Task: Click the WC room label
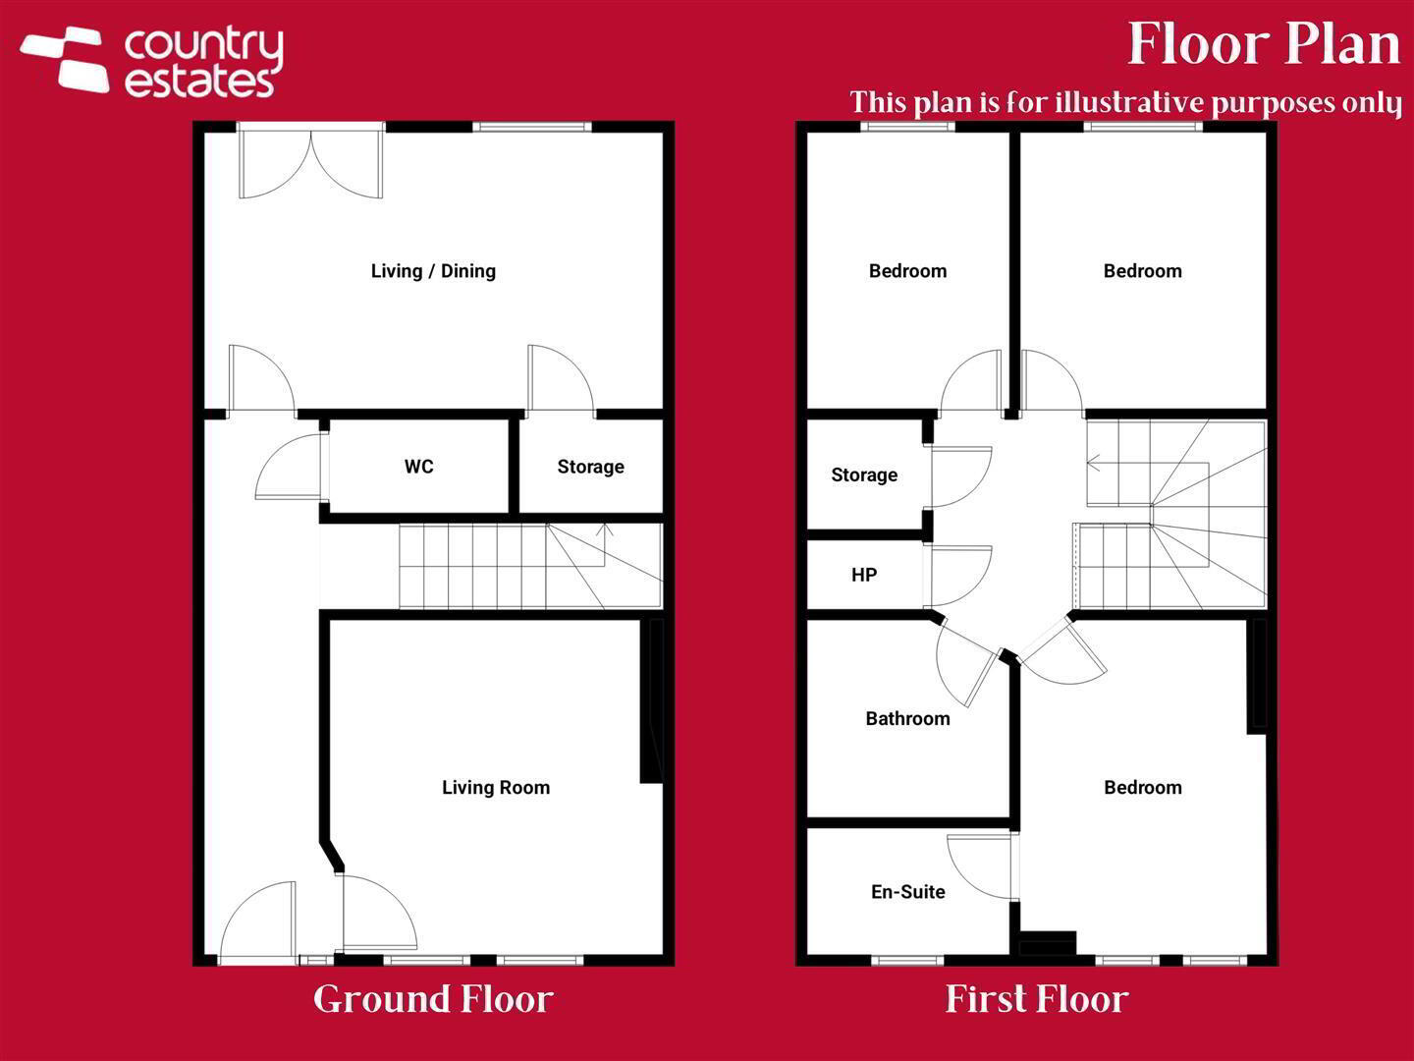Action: click(418, 467)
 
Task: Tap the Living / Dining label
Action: click(434, 271)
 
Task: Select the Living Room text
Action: click(496, 787)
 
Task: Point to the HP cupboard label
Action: click(864, 575)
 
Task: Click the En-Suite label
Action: click(908, 892)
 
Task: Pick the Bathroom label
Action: click(907, 718)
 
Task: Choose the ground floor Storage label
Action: click(591, 467)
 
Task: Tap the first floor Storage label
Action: click(864, 475)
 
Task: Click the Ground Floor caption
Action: click(434, 1000)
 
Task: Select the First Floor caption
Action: click(1037, 1000)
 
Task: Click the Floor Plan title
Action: click(1264, 44)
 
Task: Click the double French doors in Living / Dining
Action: click(311, 161)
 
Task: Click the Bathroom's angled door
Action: click(964, 667)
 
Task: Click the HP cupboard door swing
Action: click(958, 577)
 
